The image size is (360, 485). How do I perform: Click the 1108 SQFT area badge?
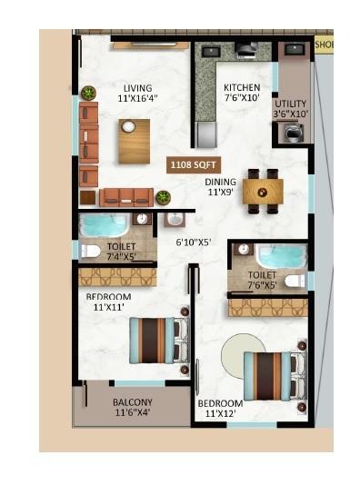[x=189, y=165]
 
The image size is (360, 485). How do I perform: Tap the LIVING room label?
[x=137, y=88]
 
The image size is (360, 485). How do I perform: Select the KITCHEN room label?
[x=241, y=88]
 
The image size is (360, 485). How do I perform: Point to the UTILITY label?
[x=291, y=104]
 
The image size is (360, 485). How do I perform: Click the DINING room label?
[x=220, y=182]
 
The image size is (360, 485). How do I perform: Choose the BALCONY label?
[x=133, y=402]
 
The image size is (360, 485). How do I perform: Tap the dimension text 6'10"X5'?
[x=194, y=242]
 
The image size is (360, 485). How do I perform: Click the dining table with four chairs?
[x=263, y=190]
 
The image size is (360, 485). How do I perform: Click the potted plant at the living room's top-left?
[x=88, y=93]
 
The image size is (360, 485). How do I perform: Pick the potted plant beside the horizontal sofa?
[x=163, y=197]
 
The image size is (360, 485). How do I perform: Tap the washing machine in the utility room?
[x=294, y=133]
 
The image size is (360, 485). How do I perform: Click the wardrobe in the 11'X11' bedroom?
[x=117, y=276]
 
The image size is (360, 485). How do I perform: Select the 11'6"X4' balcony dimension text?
[x=133, y=413]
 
